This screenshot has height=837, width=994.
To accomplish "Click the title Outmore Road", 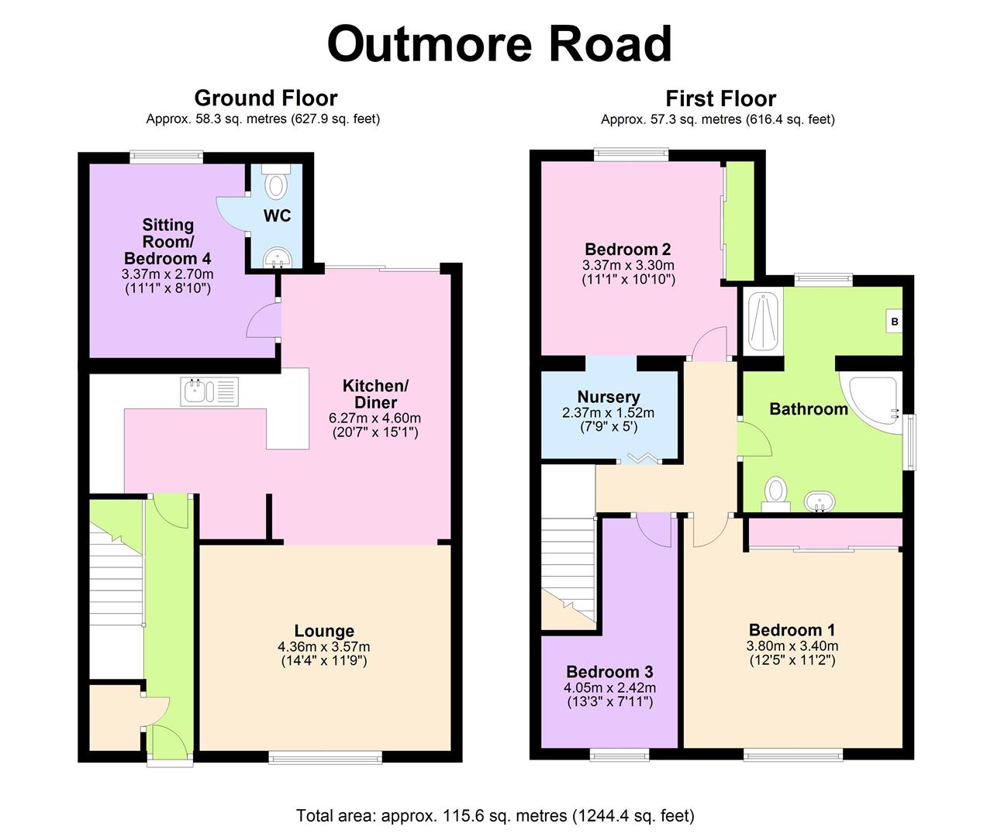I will point(499,44).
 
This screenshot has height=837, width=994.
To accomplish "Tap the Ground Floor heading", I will point(265,98).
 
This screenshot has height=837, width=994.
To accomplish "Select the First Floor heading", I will point(720,98).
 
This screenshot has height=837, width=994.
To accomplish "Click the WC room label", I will point(277,215).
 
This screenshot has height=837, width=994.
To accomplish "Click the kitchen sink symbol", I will point(209,391).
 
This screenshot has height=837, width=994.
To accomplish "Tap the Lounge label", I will point(324,631).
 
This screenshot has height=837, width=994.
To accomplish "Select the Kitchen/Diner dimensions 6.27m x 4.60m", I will point(374,418).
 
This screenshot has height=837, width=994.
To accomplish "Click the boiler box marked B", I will point(894,321).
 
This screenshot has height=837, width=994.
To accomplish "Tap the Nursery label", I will point(609,397).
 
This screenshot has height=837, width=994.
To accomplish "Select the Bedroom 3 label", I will point(609,672).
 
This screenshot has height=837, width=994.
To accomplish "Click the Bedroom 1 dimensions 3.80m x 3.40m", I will point(792,646).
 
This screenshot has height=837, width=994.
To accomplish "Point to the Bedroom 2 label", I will point(627,250).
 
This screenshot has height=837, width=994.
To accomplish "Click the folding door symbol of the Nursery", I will point(641,459).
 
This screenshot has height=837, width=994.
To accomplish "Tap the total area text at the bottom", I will point(495,815).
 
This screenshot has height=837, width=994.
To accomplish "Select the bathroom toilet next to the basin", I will point(775,492).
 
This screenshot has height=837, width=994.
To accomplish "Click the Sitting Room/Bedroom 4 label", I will point(167,241).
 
